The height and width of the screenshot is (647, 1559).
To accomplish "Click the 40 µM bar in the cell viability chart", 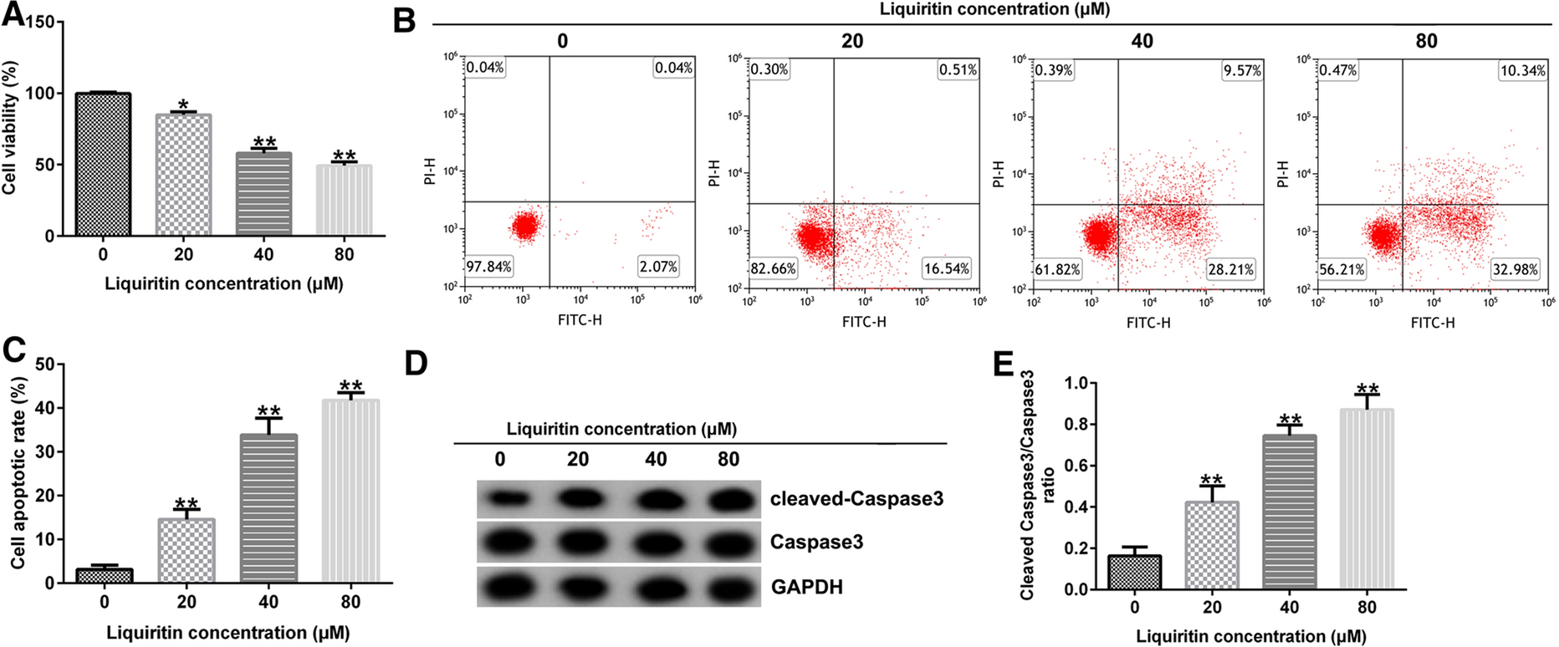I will pyautogui.click(x=264, y=193).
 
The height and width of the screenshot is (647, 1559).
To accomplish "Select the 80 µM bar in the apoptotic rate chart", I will pyautogui.click(x=350, y=491).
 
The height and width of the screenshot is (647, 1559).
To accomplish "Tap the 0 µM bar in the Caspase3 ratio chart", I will pyautogui.click(x=1134, y=573).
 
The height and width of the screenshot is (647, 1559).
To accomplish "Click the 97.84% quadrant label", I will pyautogui.click(x=489, y=267).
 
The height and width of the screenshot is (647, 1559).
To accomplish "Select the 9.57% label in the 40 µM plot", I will pyautogui.click(x=1242, y=71).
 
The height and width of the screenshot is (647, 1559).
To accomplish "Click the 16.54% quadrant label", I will pyautogui.click(x=947, y=268).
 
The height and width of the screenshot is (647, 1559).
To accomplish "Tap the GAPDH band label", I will pyautogui.click(x=806, y=587).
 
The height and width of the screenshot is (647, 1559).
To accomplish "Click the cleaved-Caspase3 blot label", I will pyautogui.click(x=856, y=499).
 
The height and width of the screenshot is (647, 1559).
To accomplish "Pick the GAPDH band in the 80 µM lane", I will pyautogui.click(x=728, y=586).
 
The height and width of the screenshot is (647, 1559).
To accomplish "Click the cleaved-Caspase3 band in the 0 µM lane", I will pyautogui.click(x=500, y=499).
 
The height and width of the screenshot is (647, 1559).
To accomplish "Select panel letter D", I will pyautogui.click(x=416, y=364).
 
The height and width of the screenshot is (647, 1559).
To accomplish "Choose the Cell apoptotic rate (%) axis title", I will pyautogui.click(x=18, y=473).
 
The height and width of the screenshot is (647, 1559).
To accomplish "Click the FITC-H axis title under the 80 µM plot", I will pyautogui.click(x=1433, y=322).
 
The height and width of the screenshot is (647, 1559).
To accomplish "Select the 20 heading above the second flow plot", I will pyautogui.click(x=852, y=41).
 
